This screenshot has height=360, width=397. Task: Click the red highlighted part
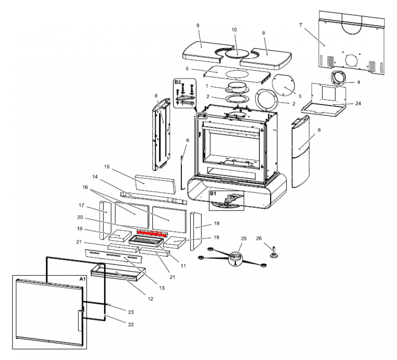[x=153, y=233]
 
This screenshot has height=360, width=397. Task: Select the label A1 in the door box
[x=82, y=279]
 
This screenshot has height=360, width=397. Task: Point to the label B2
[x=177, y=82]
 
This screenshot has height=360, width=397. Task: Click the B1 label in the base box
[x=213, y=194]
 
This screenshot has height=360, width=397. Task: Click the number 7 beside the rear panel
[x=301, y=25]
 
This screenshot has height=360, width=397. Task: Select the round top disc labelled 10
[x=237, y=54]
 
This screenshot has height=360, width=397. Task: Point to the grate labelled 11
[x=146, y=241]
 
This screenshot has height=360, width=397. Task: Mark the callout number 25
[x=243, y=239]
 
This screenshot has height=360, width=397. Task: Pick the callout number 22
[x=131, y=324]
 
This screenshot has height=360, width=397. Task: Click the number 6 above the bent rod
[x=188, y=140]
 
